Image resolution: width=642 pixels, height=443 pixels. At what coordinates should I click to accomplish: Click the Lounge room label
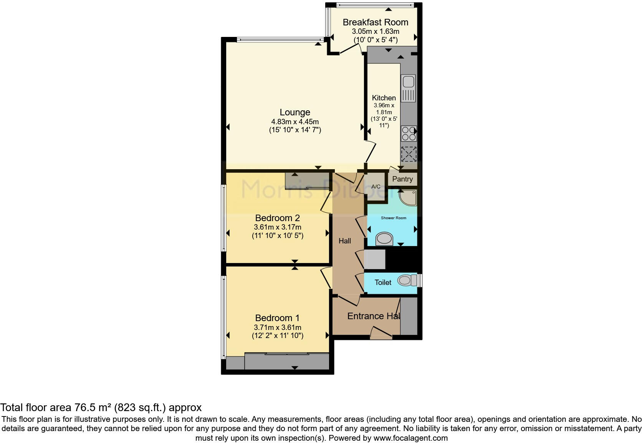(295, 112)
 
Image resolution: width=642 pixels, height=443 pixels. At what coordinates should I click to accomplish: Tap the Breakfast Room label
(375, 22)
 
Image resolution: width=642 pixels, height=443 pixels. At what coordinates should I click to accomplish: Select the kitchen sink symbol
(408, 88)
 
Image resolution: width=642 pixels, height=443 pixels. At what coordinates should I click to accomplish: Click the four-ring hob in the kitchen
(409, 133)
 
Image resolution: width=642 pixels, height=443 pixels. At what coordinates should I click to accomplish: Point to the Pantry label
(402, 179)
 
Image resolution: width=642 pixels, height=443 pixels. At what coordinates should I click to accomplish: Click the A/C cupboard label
(376, 187)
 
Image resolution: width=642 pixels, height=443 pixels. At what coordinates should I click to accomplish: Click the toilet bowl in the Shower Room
(384, 239)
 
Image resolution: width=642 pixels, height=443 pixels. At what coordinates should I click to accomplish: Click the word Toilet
(383, 283)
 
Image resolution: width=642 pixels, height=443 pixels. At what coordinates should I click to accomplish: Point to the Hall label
(344, 241)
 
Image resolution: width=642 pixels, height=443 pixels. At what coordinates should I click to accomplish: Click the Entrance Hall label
(373, 316)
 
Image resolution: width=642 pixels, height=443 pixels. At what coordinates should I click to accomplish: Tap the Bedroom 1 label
(277, 318)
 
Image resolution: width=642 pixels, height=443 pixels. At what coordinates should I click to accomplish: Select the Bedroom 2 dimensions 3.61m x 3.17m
(277, 227)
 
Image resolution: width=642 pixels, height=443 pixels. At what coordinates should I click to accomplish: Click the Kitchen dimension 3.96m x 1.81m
(384, 108)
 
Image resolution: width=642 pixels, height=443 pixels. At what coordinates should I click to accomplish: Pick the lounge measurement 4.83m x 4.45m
(295, 122)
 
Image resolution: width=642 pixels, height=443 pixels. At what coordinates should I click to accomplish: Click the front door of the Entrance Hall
(381, 333)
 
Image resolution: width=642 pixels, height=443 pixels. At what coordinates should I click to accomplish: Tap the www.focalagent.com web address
(410, 438)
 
